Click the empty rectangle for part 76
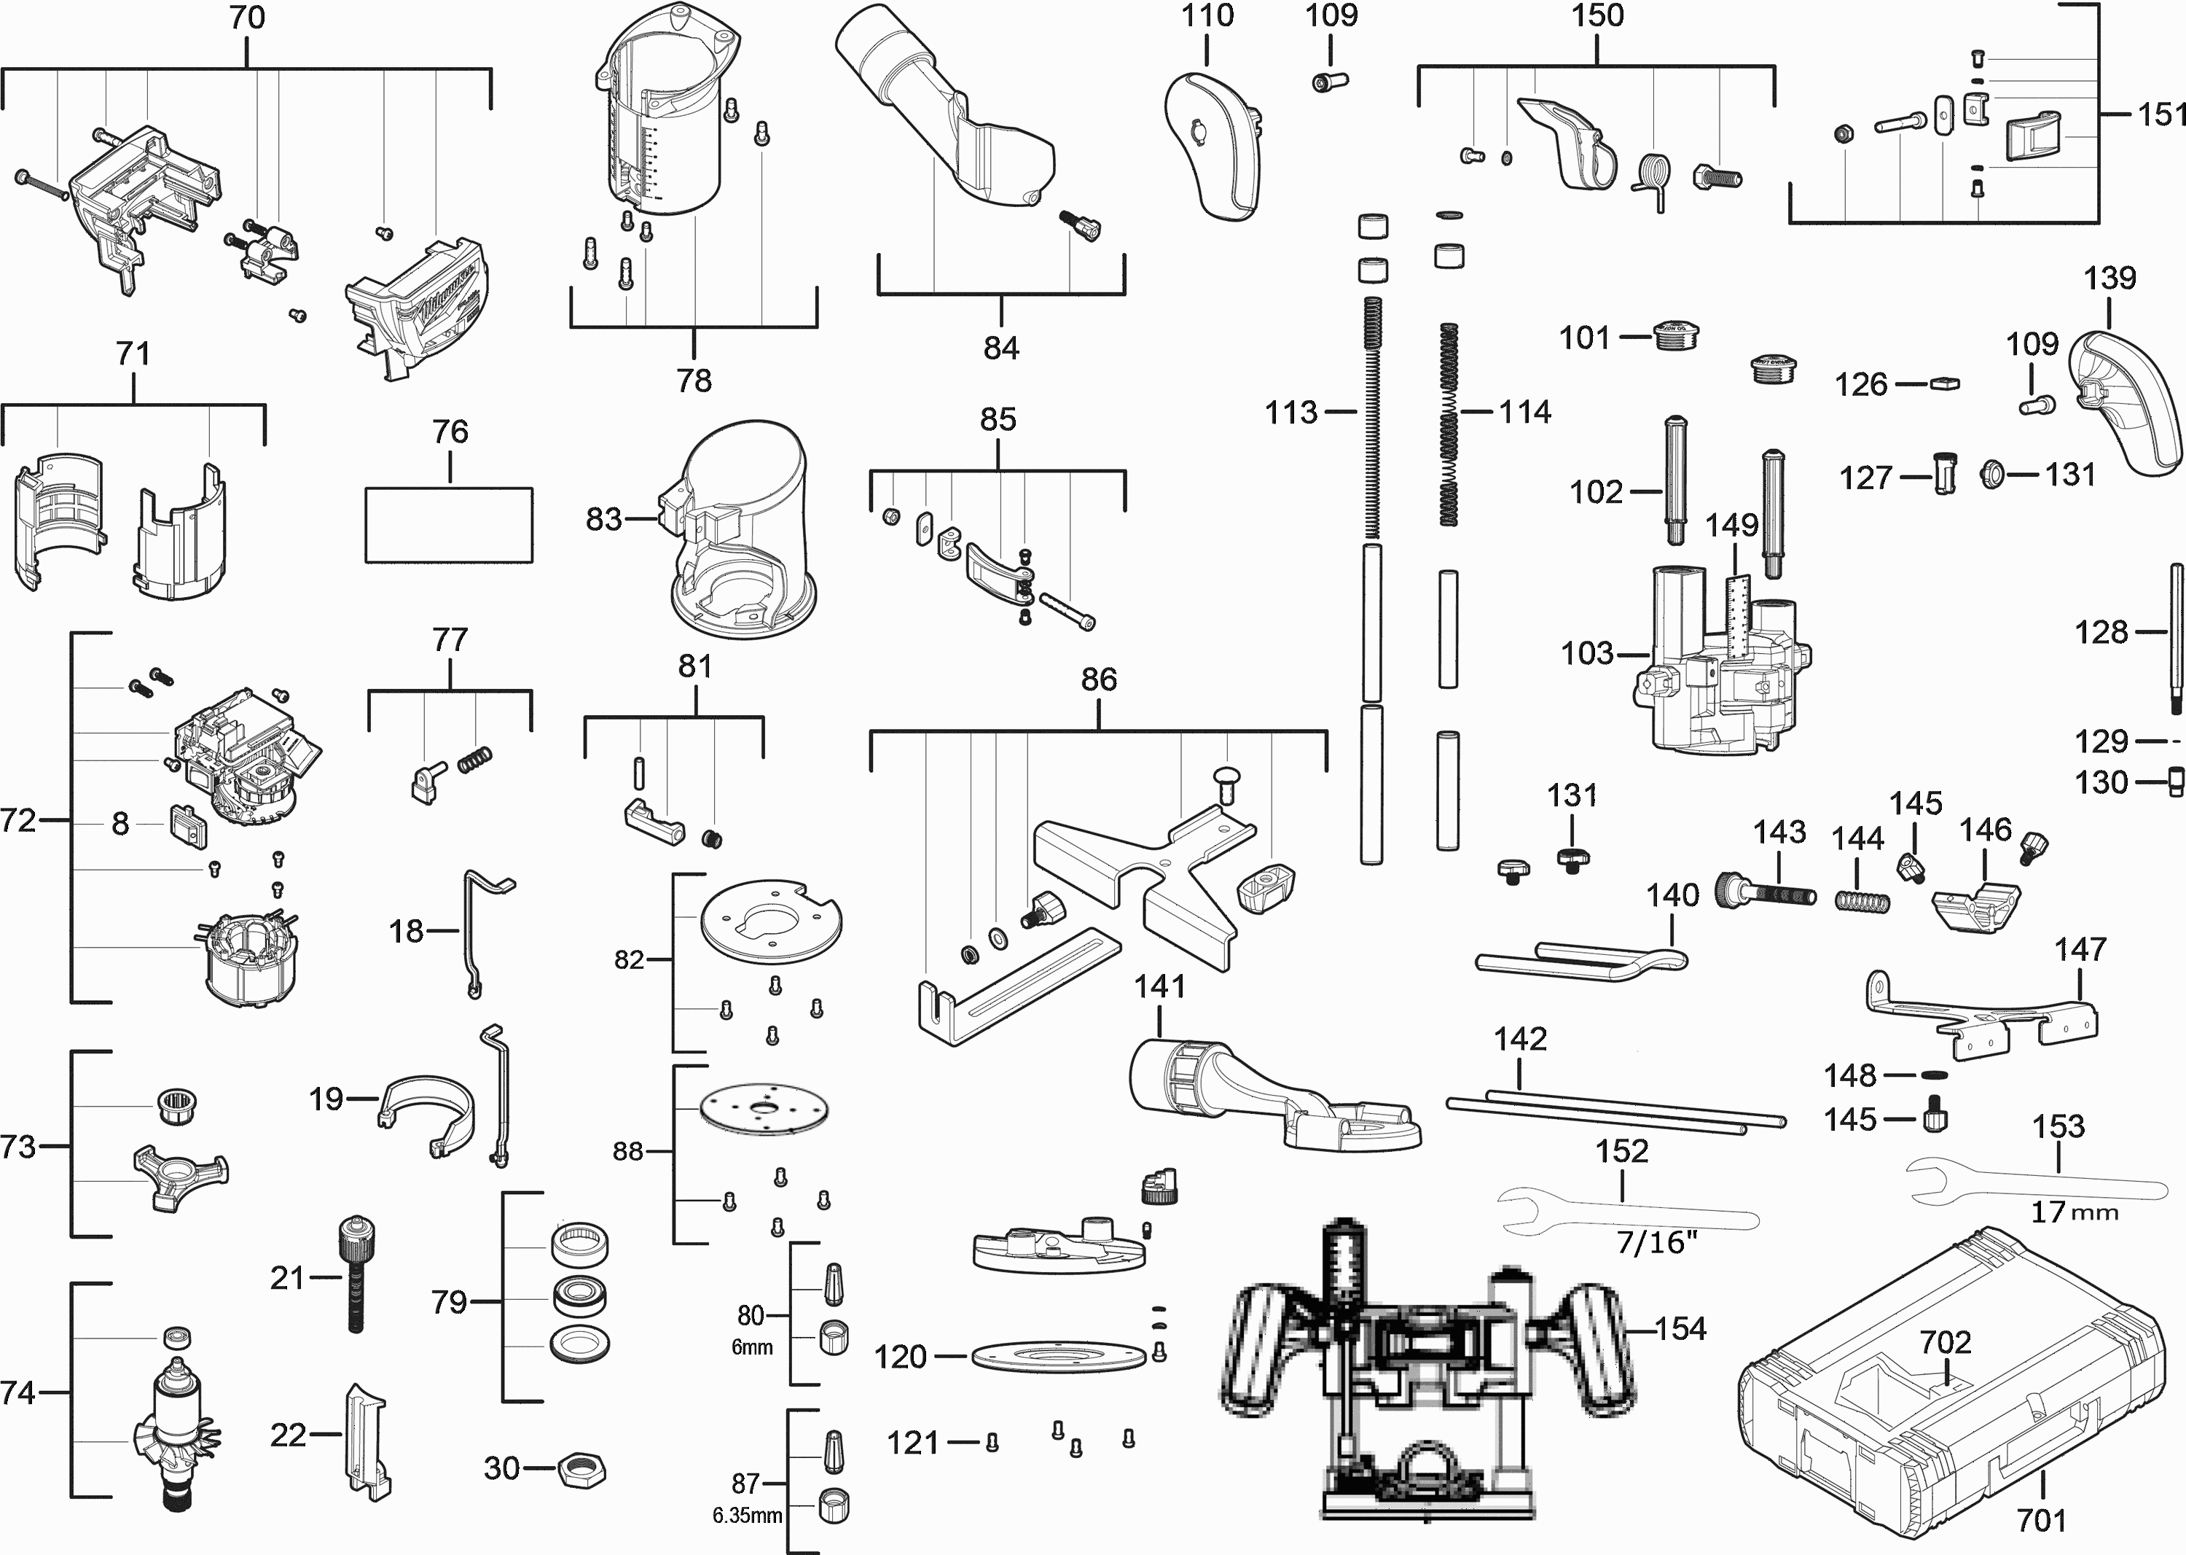[x=449, y=525]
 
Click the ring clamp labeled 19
[x=428, y=1115]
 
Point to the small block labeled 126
[x=1944, y=384]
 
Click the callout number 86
[x=1099, y=680]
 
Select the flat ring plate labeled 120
[x=1059, y=1357]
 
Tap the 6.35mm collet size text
[x=748, y=1516]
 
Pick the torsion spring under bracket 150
[x=1655, y=179]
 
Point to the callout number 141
[x=1160, y=986]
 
